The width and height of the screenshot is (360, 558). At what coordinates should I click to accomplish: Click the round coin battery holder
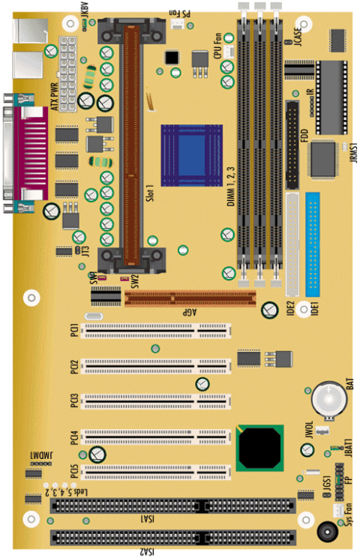tap(328, 400)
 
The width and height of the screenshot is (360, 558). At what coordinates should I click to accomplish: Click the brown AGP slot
tap(187, 300)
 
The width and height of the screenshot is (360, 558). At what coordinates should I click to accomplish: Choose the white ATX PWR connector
tap(70, 71)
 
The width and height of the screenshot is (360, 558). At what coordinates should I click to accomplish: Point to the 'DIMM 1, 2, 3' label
tap(231, 185)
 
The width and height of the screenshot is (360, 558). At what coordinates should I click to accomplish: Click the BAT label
tap(349, 391)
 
